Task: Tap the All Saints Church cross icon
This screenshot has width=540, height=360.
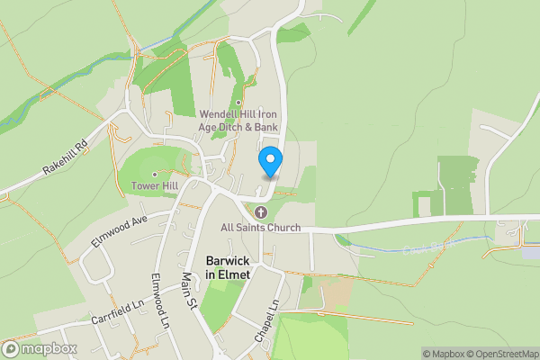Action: [x=261, y=212]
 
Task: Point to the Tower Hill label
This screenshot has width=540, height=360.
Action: [x=155, y=186]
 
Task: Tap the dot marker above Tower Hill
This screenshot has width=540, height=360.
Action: [x=155, y=174]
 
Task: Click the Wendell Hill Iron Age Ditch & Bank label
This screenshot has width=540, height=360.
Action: [x=238, y=121]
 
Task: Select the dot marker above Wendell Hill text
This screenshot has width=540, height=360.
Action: [x=238, y=102]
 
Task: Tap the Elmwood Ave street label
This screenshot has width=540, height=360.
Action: [x=118, y=231]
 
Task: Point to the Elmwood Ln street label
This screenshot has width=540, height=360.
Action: [x=160, y=300]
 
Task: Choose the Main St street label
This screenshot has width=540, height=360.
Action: [x=189, y=292]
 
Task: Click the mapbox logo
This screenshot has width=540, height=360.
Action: [x=40, y=349]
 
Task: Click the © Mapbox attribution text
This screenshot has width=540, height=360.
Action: [x=444, y=354]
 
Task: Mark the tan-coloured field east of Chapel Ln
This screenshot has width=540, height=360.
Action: [x=337, y=292]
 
